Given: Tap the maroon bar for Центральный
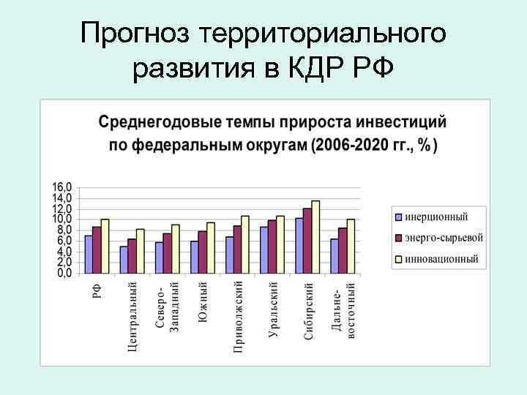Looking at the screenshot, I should (x=132, y=255).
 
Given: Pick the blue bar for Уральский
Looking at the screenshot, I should (x=263, y=249).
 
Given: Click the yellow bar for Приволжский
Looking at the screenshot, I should (x=245, y=244).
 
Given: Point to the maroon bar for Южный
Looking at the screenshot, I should (x=202, y=252).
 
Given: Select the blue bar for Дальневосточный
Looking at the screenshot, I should (x=334, y=255).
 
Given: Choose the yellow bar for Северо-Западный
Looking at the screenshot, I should (x=175, y=249).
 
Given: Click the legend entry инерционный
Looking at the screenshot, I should (x=436, y=217).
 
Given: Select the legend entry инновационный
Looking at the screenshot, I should (x=441, y=258).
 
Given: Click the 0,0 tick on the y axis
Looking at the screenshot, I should (x=64, y=273).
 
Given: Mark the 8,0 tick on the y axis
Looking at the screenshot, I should (x=64, y=230).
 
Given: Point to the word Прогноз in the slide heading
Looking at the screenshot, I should (x=136, y=34).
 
